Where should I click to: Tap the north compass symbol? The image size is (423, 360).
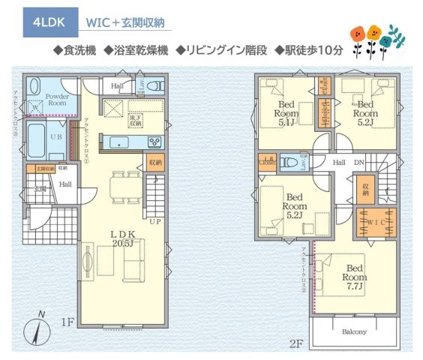click(x=34, y=329)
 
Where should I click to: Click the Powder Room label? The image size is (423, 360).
click(x=57, y=100)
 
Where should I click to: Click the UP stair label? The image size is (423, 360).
click(x=154, y=223)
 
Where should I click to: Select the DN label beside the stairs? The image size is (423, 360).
click(x=359, y=162)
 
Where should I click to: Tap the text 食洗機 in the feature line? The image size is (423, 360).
click(x=76, y=50)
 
